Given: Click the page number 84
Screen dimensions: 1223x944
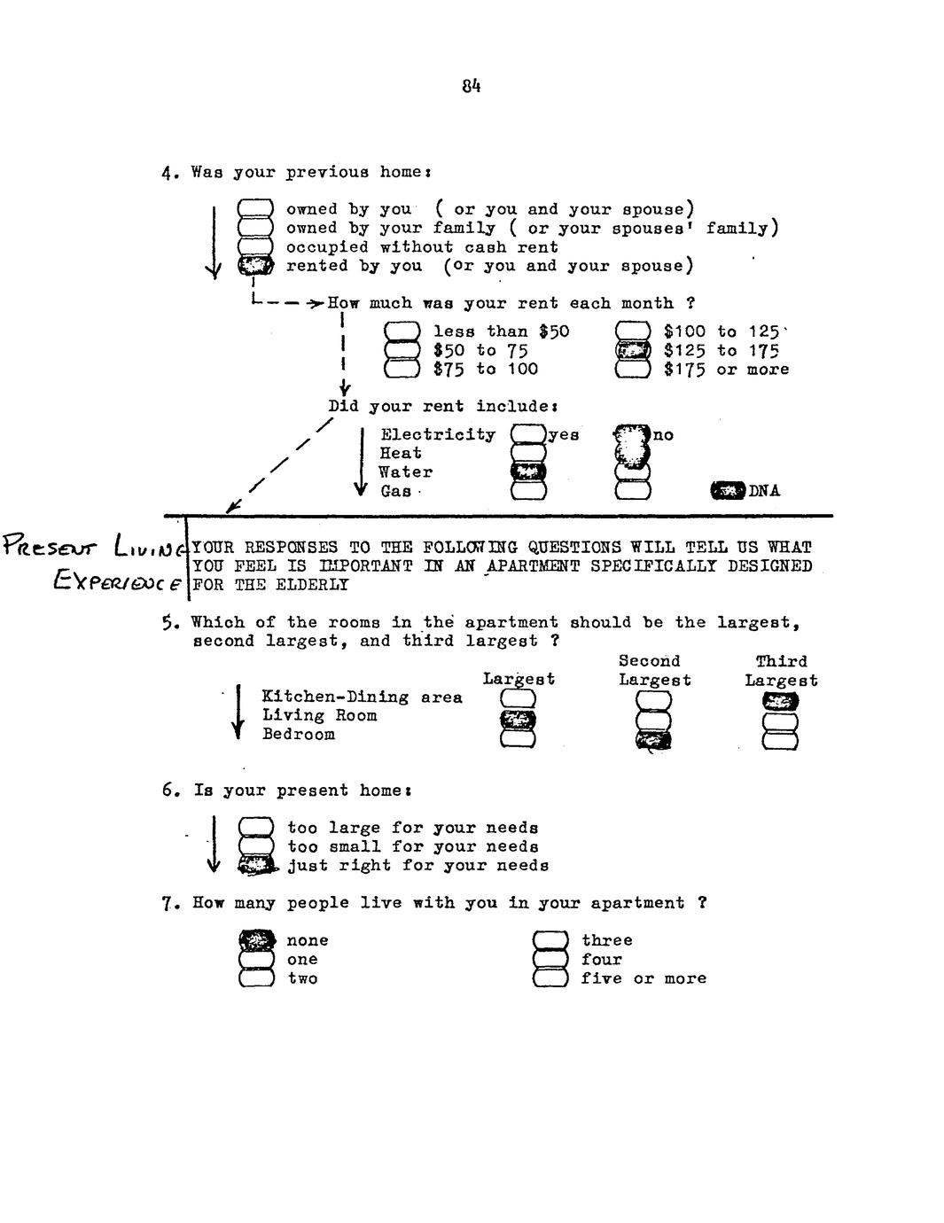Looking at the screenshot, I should [x=471, y=86].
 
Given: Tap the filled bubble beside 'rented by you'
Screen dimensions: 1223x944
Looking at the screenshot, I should [x=255, y=265].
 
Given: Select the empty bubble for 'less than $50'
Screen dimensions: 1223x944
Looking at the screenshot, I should [x=402, y=331].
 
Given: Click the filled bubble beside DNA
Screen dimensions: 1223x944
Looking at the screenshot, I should [x=729, y=490].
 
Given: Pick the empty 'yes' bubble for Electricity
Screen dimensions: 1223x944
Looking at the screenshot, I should [x=528, y=434].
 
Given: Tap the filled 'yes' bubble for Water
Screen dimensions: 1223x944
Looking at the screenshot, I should [x=528, y=471].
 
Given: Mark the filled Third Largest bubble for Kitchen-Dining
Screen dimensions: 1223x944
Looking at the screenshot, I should [x=780, y=701].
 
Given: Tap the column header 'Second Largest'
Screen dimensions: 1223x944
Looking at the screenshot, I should [x=654, y=671].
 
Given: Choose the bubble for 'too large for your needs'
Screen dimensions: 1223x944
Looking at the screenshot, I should [x=256, y=827].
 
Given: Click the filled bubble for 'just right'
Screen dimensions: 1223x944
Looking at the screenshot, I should [x=256, y=865].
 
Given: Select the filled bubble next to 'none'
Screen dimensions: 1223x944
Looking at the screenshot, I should [x=256, y=940].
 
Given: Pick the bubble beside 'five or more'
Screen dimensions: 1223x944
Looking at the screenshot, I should [x=550, y=978].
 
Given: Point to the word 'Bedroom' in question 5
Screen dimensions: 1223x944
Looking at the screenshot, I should [x=299, y=735].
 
